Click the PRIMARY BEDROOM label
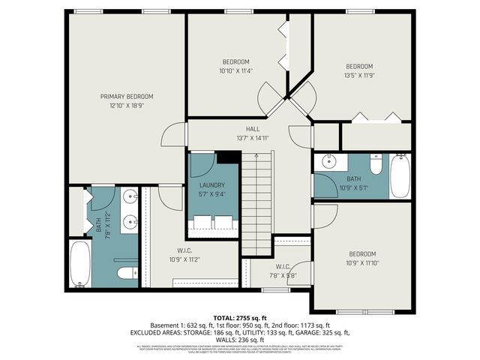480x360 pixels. pyautogui.click(x=127, y=96)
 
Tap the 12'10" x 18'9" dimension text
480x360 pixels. pyautogui.click(x=127, y=106)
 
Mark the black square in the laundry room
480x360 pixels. pyautogui.click(x=228, y=157)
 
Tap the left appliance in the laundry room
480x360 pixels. pyautogui.click(x=202, y=223)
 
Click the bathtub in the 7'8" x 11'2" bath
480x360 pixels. pyautogui.click(x=80, y=263)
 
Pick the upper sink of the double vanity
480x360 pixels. pyautogui.click(x=128, y=198)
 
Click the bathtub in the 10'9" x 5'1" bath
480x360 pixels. pyautogui.click(x=400, y=176)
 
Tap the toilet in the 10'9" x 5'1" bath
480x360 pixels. pyautogui.click(x=376, y=163)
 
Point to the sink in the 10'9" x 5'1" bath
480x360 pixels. pyautogui.click(x=328, y=162)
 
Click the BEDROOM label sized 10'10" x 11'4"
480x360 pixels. pyautogui.click(x=235, y=61)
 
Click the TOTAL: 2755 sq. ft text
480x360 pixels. pyautogui.click(x=239, y=319)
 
